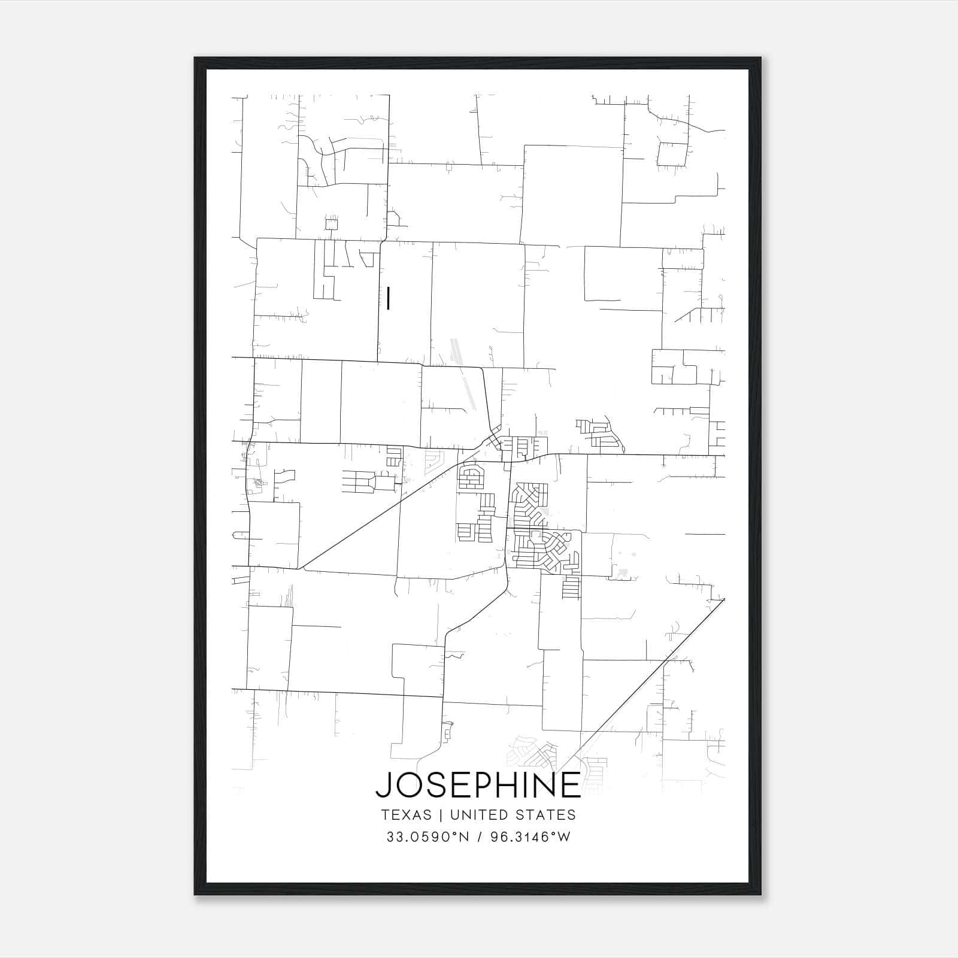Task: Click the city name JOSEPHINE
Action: coord(478,785)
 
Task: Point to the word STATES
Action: coord(547,815)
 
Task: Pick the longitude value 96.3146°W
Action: coord(530,837)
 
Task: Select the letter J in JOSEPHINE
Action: coord(382,785)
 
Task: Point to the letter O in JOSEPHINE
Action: coord(406,785)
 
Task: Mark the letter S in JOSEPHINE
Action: coord(433,785)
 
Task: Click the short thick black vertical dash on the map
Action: coord(389,298)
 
